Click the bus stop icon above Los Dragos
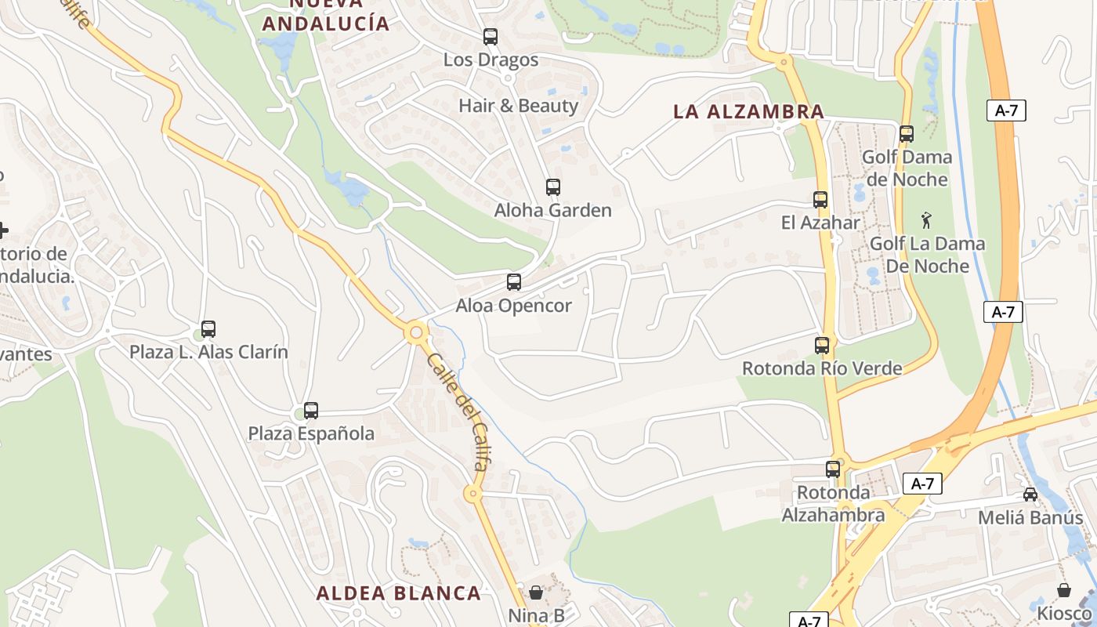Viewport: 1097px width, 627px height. [x=491, y=36]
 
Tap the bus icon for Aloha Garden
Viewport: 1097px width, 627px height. [x=553, y=187]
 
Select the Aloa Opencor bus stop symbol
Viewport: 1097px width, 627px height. [x=514, y=282]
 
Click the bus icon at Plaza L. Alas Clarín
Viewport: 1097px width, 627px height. [x=208, y=329]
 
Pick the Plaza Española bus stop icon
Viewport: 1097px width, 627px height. [x=311, y=410]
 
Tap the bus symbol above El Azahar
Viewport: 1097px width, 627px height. [x=820, y=199]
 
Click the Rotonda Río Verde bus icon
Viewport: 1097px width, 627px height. [x=822, y=345]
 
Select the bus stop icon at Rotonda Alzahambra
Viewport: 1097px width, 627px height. [x=833, y=469]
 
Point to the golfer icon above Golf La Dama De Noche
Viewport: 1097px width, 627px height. [x=927, y=220]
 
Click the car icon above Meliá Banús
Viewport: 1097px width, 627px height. [x=1030, y=495]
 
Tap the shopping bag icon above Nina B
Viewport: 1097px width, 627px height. [x=536, y=593]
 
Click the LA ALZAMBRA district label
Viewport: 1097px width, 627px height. [x=748, y=112]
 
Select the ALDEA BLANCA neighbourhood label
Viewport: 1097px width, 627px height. [x=398, y=593]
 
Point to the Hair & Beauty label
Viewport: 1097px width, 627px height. [x=518, y=106]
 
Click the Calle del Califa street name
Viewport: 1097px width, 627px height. [x=458, y=411]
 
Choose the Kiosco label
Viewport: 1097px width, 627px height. [x=1064, y=612]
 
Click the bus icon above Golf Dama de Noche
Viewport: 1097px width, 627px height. [x=907, y=133]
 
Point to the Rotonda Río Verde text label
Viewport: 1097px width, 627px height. [x=822, y=368]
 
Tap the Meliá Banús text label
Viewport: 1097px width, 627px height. [x=1030, y=517]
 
